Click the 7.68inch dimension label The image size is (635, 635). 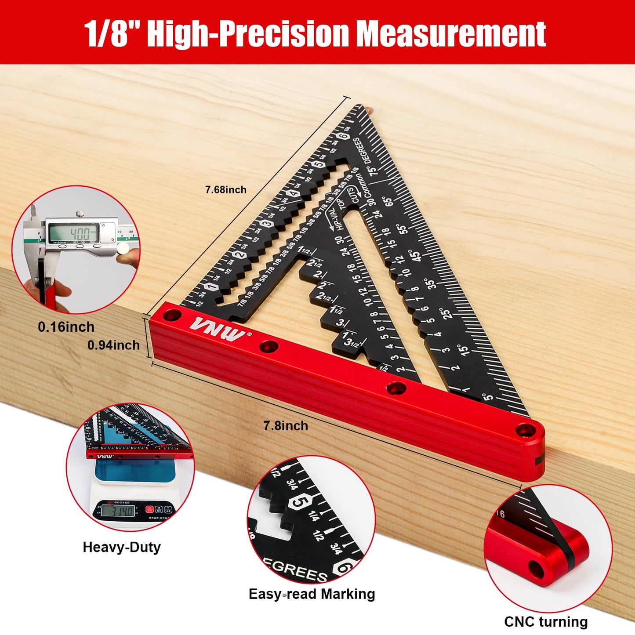coord(225,190)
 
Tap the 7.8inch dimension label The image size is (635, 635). coord(286,426)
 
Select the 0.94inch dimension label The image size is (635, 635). coord(113,345)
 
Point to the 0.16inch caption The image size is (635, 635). coord(66,327)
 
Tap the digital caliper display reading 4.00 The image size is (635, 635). coord(74,233)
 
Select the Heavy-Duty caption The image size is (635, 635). coord(122,547)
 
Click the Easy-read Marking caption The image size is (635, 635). coord(312,594)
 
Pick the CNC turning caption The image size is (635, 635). coord(546,622)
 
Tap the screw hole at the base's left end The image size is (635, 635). coord(173,315)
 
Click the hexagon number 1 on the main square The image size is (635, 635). coord(212,287)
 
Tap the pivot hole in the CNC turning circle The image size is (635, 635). coord(536,570)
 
